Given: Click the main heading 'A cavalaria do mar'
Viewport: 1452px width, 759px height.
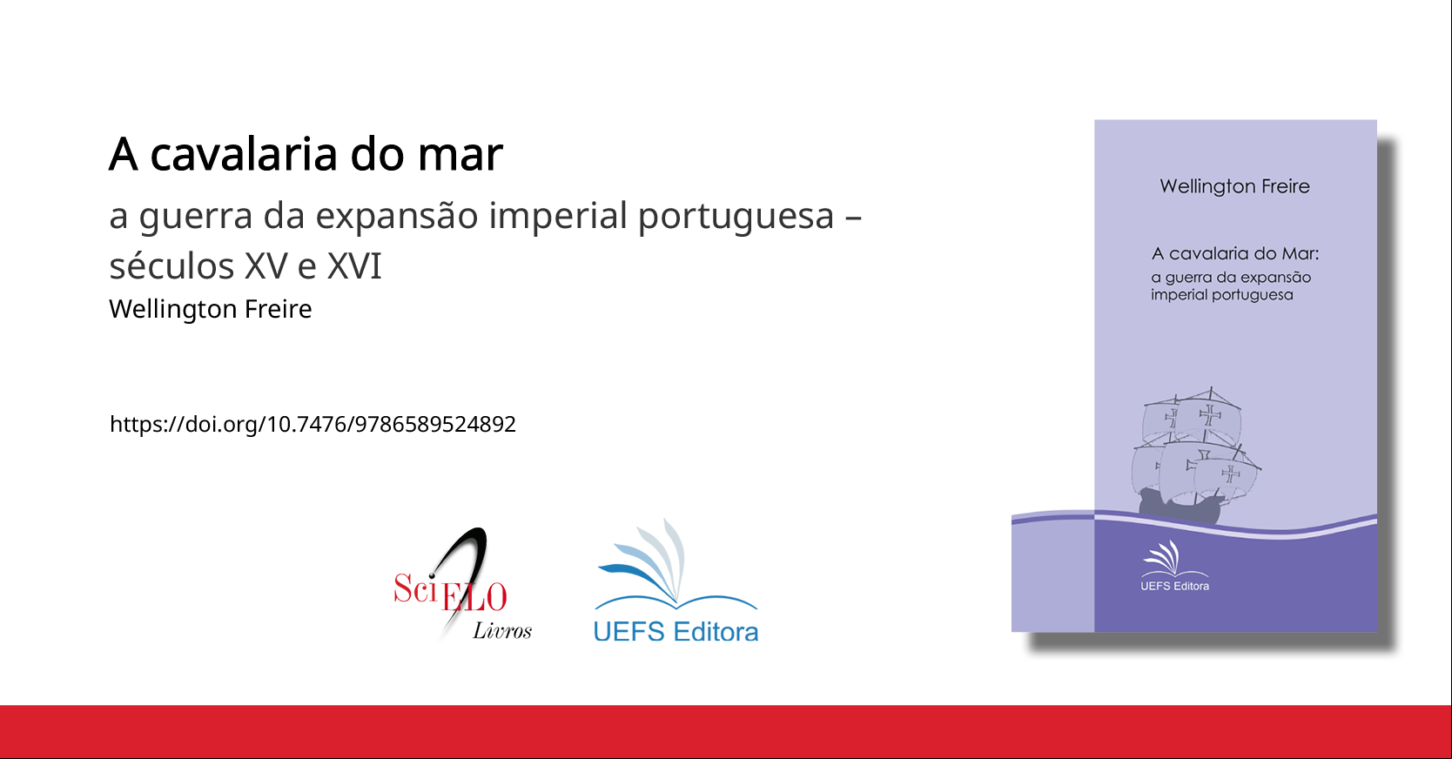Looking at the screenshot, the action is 306,154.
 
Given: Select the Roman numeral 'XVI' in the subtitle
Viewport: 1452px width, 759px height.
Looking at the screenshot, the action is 354,265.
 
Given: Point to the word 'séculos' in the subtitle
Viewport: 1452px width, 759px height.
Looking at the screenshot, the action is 171,265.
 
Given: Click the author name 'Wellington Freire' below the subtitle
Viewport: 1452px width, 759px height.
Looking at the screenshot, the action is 210,309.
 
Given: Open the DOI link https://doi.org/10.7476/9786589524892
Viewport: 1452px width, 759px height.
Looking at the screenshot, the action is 313,424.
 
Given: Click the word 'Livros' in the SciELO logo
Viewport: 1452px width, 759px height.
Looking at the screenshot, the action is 502,630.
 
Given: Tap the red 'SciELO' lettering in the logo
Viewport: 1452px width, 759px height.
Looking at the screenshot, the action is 450,592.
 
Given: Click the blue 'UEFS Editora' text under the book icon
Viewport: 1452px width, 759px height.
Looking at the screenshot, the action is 676,632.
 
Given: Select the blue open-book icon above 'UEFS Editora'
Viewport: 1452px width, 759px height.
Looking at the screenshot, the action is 676,565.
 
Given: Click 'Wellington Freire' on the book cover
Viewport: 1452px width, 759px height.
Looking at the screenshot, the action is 1234,186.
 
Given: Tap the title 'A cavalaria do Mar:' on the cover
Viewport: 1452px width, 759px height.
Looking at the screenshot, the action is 1235,253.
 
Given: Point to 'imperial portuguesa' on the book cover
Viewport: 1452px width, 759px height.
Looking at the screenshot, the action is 1222,295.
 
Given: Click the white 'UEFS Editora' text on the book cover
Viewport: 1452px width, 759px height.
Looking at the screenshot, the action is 1174,586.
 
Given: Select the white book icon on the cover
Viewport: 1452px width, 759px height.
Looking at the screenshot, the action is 1174,559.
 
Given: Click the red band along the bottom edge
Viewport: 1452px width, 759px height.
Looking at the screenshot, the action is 725,732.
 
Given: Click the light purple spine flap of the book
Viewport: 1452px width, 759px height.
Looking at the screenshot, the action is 1052,572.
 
